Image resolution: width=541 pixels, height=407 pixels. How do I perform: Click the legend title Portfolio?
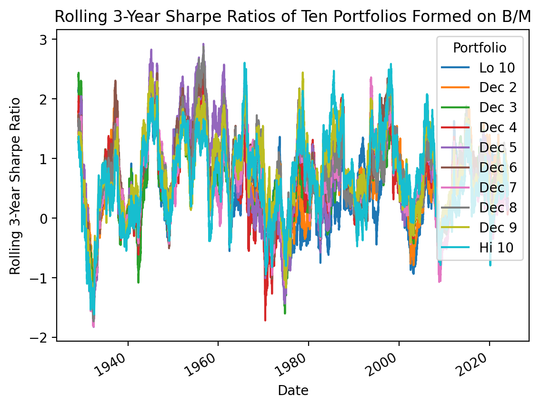click(480, 48)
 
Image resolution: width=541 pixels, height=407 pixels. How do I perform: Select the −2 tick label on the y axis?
click(44, 337)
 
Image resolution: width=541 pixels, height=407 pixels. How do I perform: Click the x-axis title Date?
click(293, 391)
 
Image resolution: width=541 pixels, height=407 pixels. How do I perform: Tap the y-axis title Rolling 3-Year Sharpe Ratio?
click(15, 186)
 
